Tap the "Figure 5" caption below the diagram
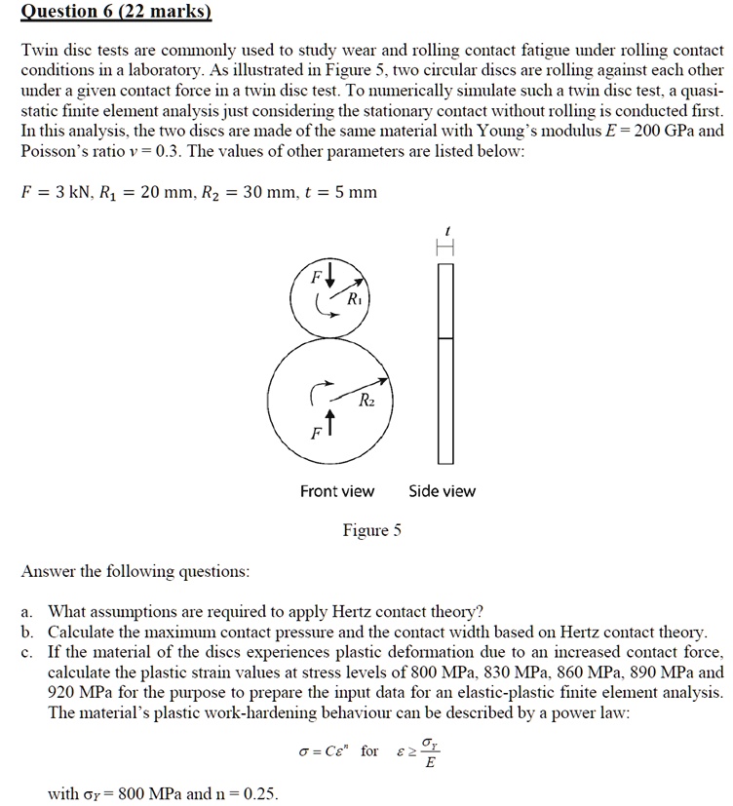pos(371,531)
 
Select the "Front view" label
pos(336,491)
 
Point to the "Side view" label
pos(442,491)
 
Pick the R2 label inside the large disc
pos(365,402)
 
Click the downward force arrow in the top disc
pos(329,272)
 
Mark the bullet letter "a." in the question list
pos(28,612)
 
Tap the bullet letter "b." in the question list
pos(28,632)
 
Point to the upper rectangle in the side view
pos(445,300)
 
